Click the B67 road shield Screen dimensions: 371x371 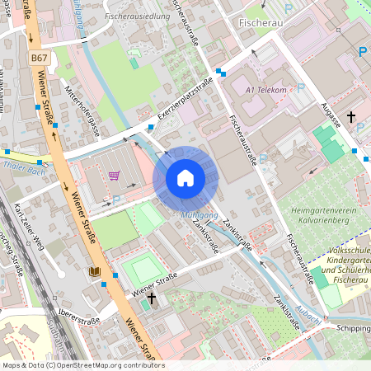[39, 58]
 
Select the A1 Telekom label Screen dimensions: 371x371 [265, 90]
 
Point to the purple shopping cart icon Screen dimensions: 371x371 [114, 175]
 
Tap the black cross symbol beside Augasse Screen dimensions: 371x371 [351, 117]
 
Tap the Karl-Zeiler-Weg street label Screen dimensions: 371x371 [26, 222]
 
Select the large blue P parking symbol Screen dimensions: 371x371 [362, 52]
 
